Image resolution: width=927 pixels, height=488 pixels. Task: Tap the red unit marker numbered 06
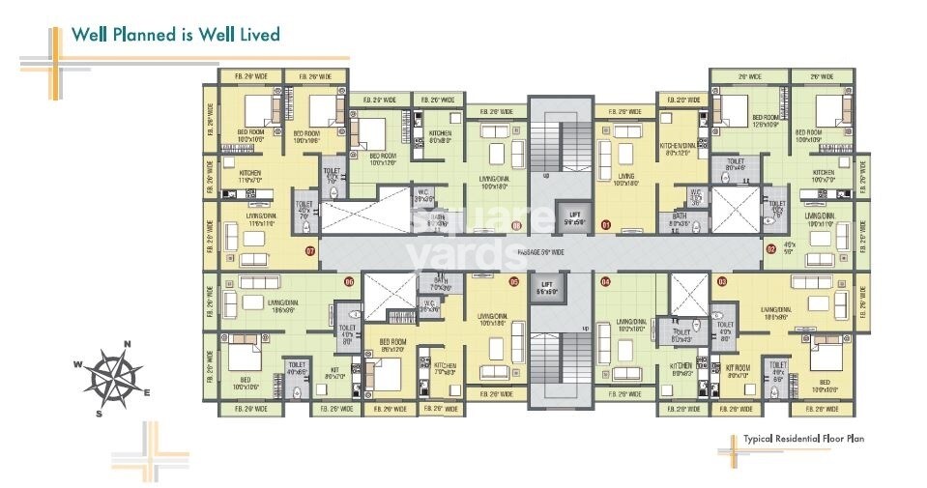point(349,281)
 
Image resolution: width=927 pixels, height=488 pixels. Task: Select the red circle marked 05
point(514,281)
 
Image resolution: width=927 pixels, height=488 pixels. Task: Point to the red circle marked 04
point(605,281)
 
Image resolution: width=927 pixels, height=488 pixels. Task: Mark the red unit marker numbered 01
point(606,225)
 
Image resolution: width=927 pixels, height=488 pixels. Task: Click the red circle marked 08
point(516,225)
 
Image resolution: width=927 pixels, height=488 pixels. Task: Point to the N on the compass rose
point(127,341)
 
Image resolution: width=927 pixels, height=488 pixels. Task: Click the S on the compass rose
point(100,413)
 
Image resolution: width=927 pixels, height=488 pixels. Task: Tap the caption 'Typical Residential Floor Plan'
point(802,439)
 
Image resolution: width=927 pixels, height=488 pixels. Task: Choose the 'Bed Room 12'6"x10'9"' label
point(771,122)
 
